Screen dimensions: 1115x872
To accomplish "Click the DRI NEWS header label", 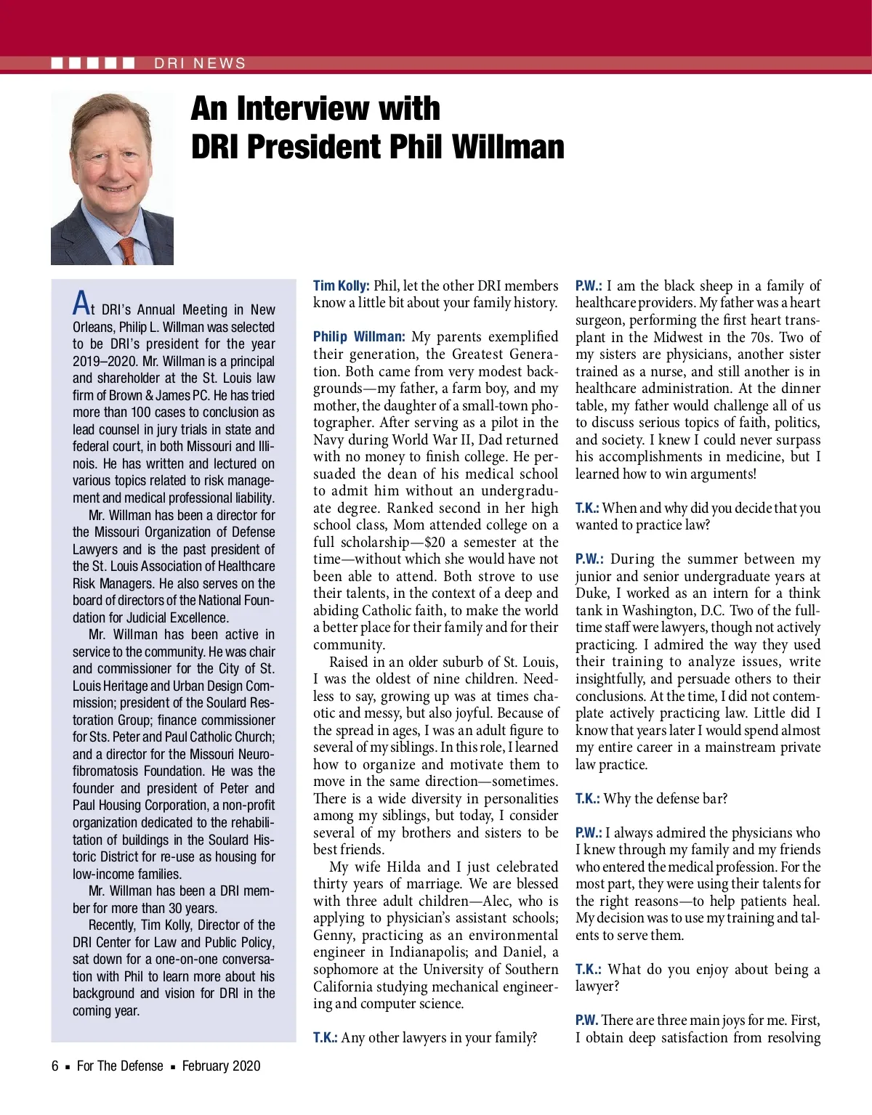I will coord(200,63).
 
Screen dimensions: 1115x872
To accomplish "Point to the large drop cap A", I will coord(82,303).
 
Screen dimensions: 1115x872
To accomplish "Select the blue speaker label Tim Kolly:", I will coord(342,286).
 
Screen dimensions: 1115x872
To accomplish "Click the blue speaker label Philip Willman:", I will coord(359,337).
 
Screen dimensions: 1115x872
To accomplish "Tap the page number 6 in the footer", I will coord(55,1066).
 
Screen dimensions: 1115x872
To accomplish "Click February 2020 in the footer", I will coord(221,1066).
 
